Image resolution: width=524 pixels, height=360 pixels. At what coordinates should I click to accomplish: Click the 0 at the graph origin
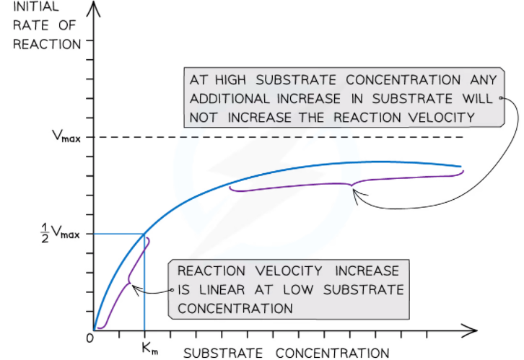click(89, 338)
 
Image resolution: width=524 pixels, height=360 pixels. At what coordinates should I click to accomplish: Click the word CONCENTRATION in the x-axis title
click(332, 353)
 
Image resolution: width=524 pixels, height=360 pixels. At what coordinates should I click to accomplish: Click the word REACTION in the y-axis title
click(51, 44)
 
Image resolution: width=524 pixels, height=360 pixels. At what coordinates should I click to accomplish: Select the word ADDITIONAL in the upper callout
click(231, 98)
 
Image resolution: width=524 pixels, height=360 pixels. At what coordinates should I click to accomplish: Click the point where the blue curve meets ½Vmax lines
click(144, 234)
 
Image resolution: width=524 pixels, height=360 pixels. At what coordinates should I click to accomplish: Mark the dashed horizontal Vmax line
click(289, 137)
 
